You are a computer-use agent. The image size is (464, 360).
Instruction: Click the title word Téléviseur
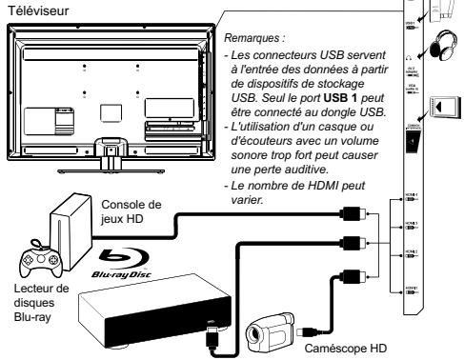point(32,7)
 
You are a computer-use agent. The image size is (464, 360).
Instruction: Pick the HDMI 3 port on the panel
point(407,229)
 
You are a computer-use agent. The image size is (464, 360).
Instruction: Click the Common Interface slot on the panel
point(408,139)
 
